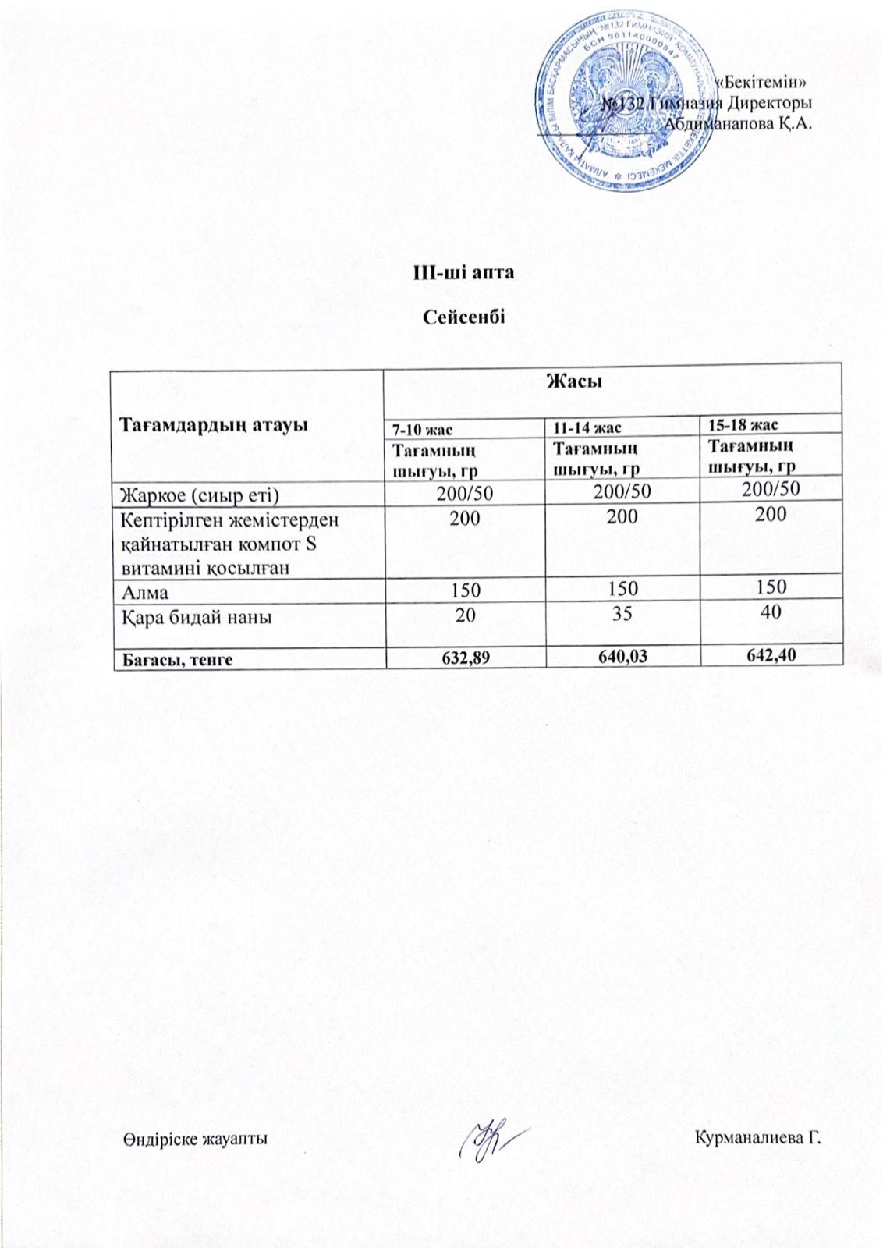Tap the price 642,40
coord(771,655)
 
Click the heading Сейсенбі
coord(463,317)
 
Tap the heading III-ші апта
coord(463,274)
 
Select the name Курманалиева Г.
coord(758,1137)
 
